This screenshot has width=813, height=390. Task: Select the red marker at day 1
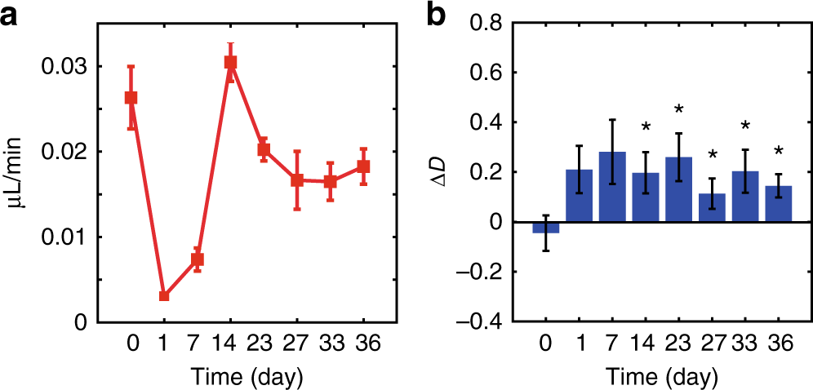[x=164, y=295]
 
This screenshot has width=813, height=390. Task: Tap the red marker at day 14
[x=231, y=63]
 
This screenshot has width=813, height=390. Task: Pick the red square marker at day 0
[x=131, y=98]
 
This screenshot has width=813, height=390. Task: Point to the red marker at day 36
[x=364, y=166]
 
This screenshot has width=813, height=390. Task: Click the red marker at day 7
[x=198, y=259]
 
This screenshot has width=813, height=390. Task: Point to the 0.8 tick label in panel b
[x=492, y=23]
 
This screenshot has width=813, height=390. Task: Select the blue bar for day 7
[x=612, y=187]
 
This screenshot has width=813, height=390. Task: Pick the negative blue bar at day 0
[x=545, y=228]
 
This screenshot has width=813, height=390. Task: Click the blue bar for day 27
[x=713, y=208]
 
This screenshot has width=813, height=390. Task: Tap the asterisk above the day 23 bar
[x=679, y=109]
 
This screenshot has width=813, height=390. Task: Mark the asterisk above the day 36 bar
[x=779, y=151]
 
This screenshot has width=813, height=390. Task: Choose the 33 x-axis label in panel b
[x=746, y=344]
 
